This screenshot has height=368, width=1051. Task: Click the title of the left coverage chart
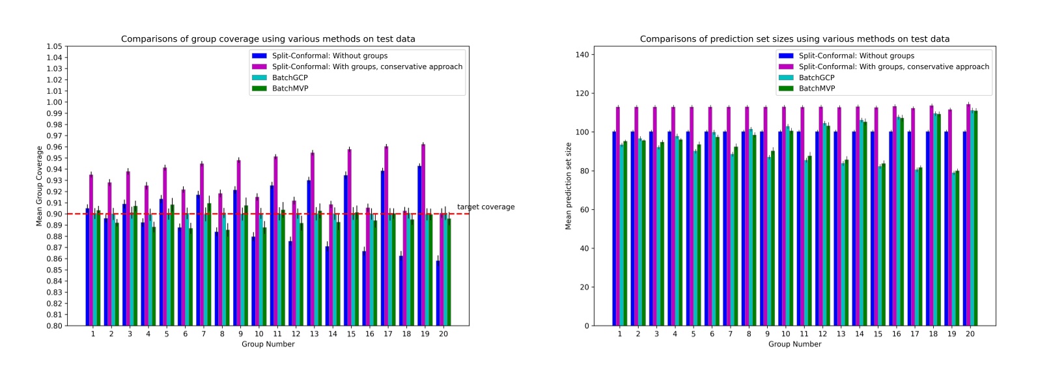pos(268,39)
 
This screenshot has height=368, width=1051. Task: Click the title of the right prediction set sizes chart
pos(794,39)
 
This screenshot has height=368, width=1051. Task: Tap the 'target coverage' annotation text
pos(485,207)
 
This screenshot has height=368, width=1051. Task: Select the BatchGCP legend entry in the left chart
pos(290,78)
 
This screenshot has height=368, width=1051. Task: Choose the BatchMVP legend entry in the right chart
pos(817,89)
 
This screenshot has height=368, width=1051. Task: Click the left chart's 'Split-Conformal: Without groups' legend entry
pos(329,56)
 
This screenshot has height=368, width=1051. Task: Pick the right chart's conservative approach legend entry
pos(893,66)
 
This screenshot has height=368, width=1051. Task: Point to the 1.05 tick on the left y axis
pos(54,47)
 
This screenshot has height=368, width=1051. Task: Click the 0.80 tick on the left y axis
pos(54,326)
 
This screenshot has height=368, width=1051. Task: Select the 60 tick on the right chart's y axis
pos(584,210)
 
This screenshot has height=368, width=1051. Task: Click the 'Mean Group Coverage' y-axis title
pos(39,186)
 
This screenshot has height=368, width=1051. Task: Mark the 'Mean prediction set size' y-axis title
pos(568,186)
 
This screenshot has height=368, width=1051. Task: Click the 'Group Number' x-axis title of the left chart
pos(268,344)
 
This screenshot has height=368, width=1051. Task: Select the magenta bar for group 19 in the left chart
pos(423,234)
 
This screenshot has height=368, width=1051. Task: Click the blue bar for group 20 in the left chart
pos(438,293)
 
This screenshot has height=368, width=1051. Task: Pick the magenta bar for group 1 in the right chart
pos(618,215)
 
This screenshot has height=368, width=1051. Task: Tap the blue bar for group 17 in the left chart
pos(383,248)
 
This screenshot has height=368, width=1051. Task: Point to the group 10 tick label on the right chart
pos(785,334)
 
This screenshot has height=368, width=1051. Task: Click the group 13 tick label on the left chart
pos(314,334)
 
